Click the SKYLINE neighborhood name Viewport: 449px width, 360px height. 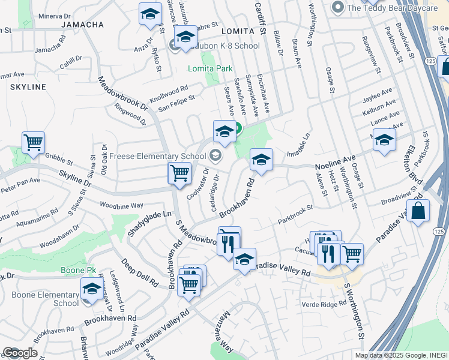tap(28, 87)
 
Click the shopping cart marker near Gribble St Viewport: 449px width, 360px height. tap(33, 143)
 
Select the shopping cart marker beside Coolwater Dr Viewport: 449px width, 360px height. tap(179, 173)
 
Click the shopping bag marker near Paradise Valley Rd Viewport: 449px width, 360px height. tap(418, 211)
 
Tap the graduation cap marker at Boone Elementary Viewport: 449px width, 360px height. tap(92, 289)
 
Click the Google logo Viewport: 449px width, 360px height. tap(19, 353)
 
